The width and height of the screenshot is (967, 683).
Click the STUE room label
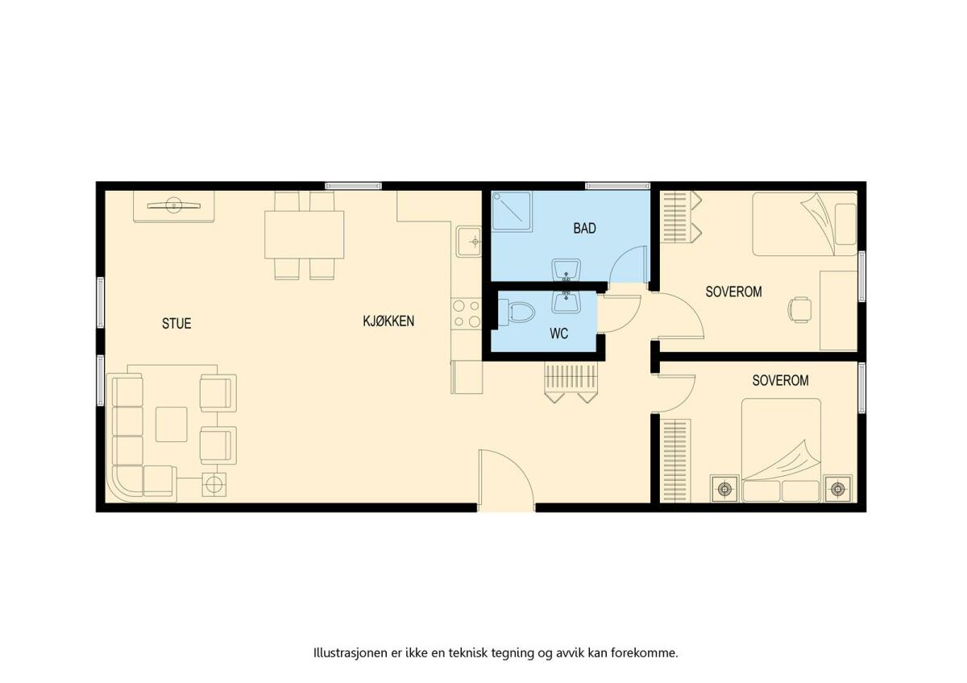176,324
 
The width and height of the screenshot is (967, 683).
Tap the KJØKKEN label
388,321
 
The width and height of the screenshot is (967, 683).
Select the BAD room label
584,228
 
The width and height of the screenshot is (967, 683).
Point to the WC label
558,333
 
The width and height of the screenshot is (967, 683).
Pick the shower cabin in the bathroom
512,211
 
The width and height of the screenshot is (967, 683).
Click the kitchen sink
469,242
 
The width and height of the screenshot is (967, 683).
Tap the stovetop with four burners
467,314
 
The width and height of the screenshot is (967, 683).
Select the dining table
305,234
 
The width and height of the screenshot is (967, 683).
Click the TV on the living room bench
174,205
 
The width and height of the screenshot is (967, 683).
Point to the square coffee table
172,424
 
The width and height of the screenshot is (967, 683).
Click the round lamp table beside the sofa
214,485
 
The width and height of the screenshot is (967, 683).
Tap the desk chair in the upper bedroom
800,309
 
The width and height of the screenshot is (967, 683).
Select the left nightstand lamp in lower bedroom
724,489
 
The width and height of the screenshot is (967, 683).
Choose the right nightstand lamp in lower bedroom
838,489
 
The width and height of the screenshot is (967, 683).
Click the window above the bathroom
617,186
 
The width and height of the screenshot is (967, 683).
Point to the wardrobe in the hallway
571,383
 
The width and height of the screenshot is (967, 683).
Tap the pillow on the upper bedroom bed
845,225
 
